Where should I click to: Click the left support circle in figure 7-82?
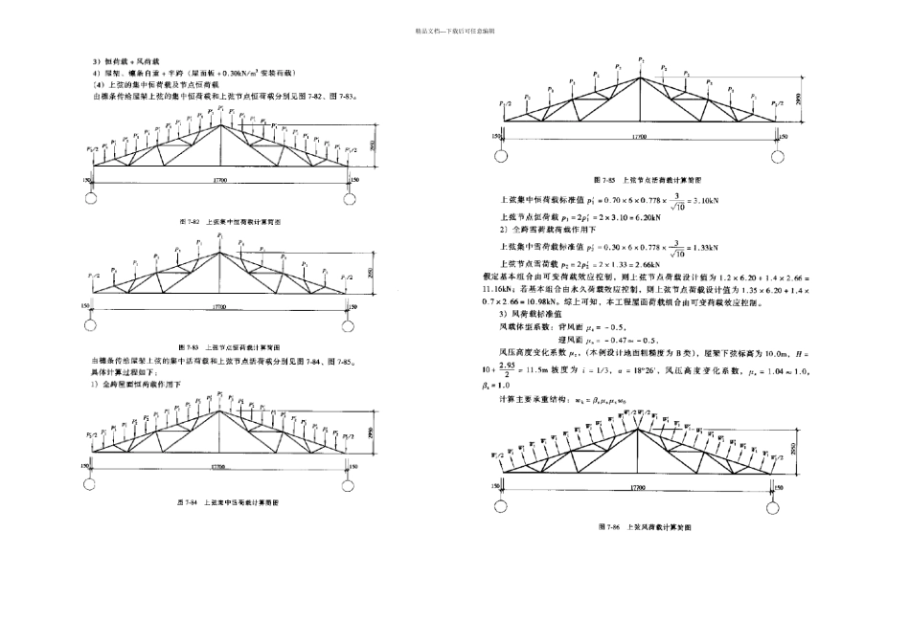(x=92, y=198)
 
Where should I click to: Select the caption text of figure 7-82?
(x=220, y=221)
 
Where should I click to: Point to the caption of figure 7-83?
(x=220, y=345)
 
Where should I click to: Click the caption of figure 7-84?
(x=220, y=501)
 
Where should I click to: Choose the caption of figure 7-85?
(x=641, y=180)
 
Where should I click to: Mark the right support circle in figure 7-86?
(x=778, y=503)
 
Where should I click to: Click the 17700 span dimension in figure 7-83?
(x=220, y=307)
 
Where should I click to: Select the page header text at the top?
(x=454, y=32)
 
